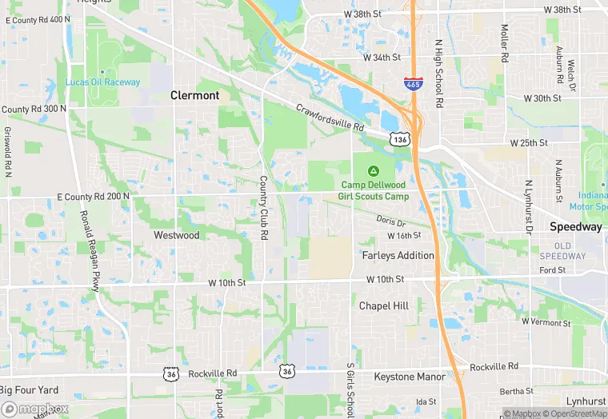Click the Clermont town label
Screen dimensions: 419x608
[194, 95]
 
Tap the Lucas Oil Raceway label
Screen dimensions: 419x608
[102, 82]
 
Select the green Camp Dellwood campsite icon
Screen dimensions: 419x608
[374, 170]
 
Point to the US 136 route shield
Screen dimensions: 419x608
[400, 139]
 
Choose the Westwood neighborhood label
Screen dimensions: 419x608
[176, 236]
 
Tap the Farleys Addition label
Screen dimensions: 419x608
[398, 256]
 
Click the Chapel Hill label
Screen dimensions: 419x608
[384, 306]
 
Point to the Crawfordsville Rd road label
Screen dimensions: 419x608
[330, 118]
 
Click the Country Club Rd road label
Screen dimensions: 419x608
[262, 208]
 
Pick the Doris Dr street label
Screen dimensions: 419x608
[392, 221]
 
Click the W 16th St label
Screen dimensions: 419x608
[404, 236]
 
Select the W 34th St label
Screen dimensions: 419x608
[380, 58]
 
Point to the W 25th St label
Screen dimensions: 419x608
[530, 143]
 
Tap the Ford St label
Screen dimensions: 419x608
[552, 270]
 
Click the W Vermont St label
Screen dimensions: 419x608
[546, 323]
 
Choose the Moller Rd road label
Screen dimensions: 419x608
[505, 44]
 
